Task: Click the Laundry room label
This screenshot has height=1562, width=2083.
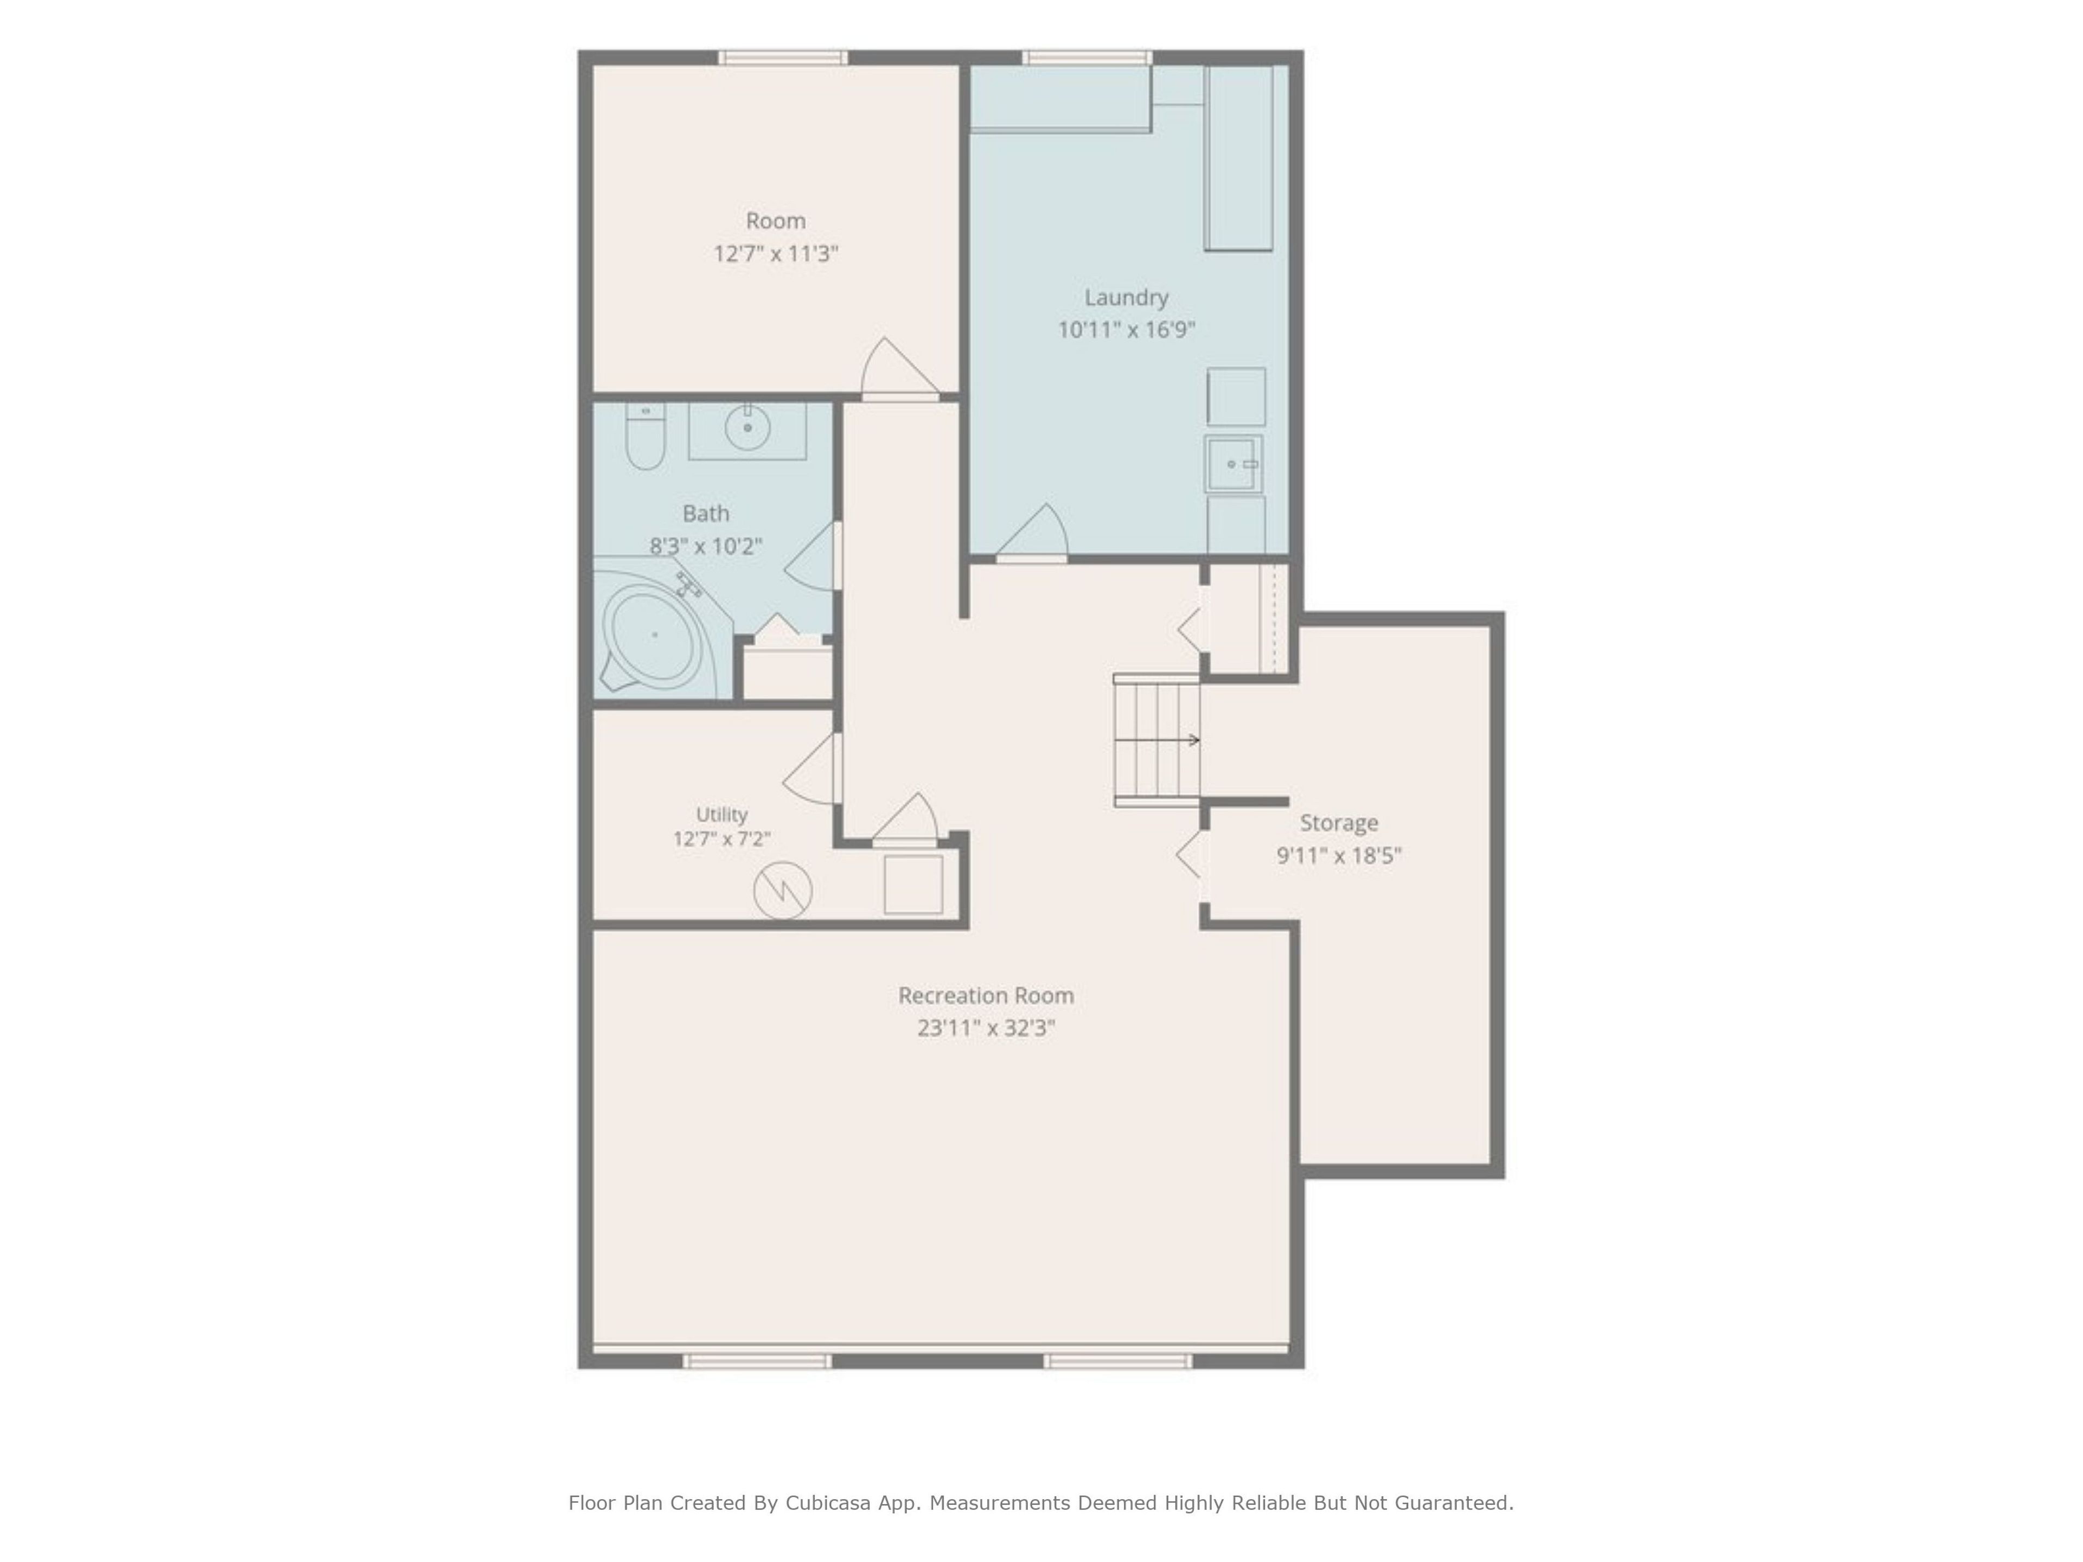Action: pyautogui.click(x=1126, y=298)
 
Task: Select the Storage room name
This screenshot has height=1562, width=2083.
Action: pyautogui.click(x=1339, y=823)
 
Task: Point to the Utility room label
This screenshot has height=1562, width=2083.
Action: pyautogui.click(x=721, y=815)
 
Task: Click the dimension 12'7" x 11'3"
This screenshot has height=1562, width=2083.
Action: pyautogui.click(x=776, y=253)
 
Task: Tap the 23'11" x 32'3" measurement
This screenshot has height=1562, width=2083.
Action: pyautogui.click(x=986, y=1028)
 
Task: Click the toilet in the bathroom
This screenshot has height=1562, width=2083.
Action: pyautogui.click(x=646, y=436)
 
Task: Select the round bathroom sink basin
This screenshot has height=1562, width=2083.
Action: pyautogui.click(x=747, y=427)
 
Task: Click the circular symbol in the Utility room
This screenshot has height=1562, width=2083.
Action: pyautogui.click(x=783, y=890)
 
